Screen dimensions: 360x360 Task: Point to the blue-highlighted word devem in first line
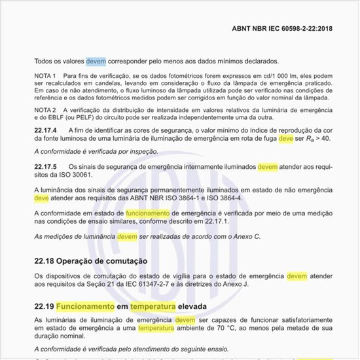pos(95,61)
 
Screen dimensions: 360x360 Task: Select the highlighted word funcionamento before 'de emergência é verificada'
pos(147,213)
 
